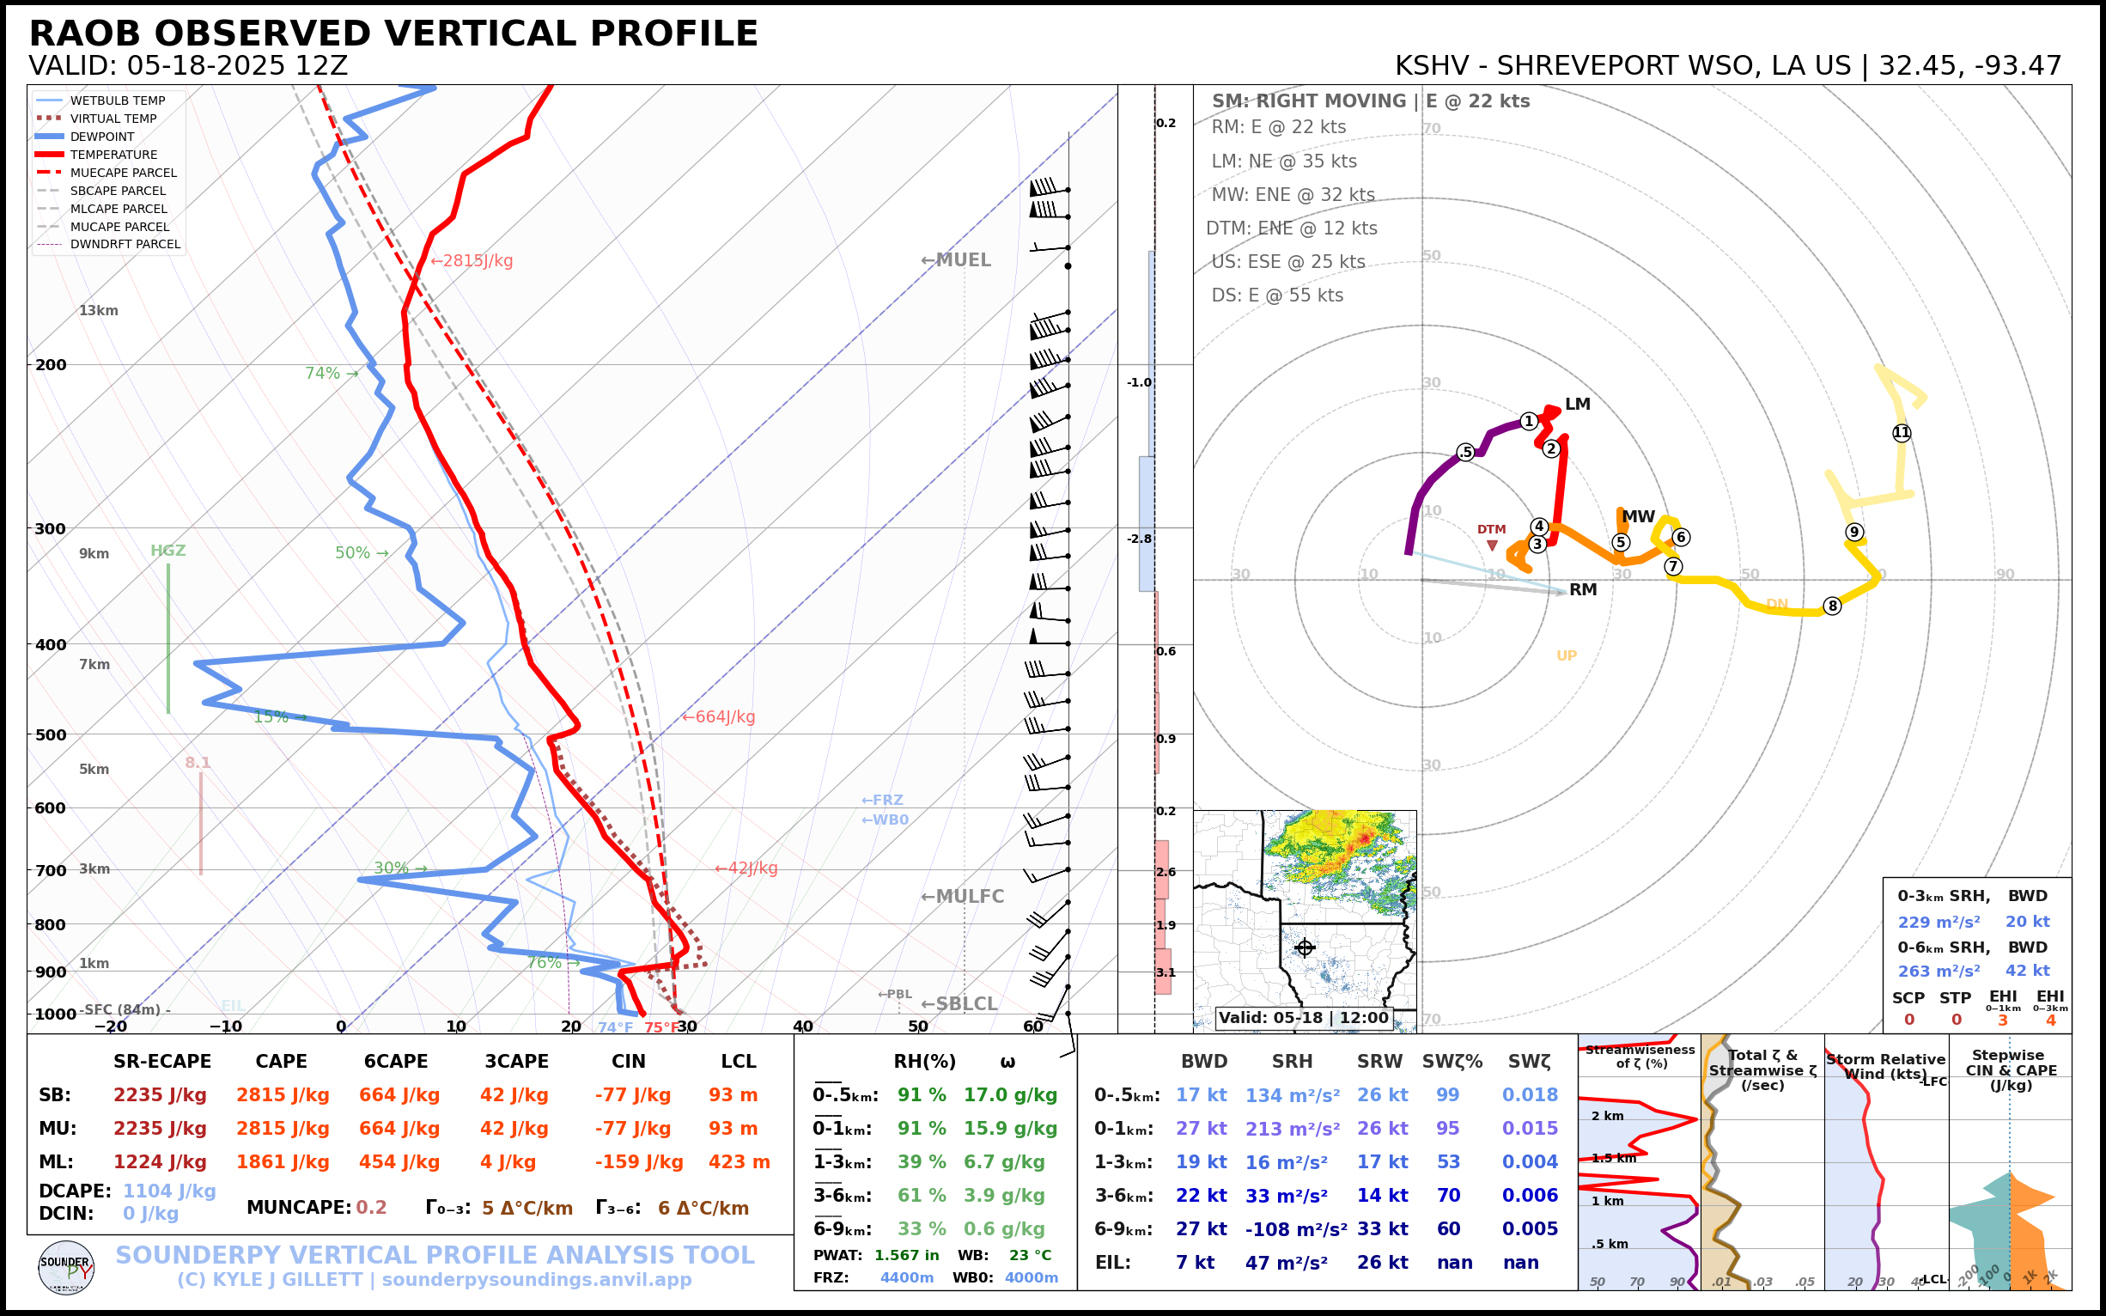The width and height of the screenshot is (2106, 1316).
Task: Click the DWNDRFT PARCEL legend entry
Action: [x=125, y=245]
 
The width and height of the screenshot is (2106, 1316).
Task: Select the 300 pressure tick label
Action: [x=51, y=528]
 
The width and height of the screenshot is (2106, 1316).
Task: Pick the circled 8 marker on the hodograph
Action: [x=1832, y=606]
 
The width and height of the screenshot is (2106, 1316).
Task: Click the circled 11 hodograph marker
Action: [x=1902, y=433]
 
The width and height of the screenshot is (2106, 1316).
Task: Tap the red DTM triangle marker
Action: [x=1492, y=545]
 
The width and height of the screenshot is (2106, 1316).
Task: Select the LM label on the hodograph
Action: [x=1577, y=404]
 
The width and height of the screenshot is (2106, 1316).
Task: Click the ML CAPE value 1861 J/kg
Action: [x=283, y=1162]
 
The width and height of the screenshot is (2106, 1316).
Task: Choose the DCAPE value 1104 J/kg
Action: [x=169, y=1191]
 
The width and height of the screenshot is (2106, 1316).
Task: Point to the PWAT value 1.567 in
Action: [x=907, y=1255]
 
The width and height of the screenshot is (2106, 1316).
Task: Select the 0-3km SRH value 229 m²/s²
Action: [x=1939, y=922]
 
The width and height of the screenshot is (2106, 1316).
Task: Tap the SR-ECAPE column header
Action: [x=161, y=1062]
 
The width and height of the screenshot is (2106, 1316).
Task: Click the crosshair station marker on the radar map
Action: [x=1304, y=947]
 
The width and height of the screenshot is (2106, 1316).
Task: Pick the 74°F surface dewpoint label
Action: [x=615, y=1028]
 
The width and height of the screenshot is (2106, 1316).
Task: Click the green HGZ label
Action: [x=168, y=550]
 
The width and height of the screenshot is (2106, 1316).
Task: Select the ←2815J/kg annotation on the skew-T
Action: [x=472, y=260]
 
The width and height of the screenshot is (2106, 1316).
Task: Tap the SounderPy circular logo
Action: [x=66, y=1267]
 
